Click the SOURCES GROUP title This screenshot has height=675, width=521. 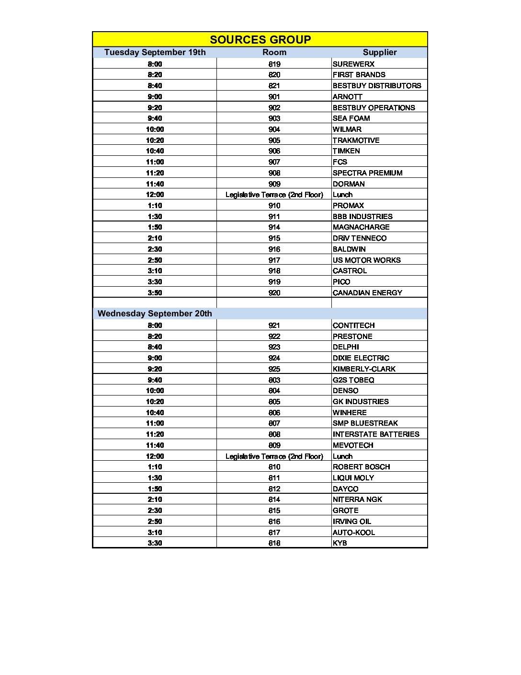click(260, 39)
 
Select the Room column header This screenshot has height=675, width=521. click(274, 52)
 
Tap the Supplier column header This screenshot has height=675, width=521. click(379, 52)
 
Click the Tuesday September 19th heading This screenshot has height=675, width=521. click(155, 52)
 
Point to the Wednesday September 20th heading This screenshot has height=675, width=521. click(155, 314)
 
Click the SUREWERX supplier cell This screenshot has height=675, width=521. click(353, 64)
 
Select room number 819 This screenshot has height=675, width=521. click(274, 64)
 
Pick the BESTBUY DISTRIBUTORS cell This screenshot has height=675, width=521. click(377, 86)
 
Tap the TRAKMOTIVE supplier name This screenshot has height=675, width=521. click(356, 140)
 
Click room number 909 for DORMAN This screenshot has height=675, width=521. click(274, 184)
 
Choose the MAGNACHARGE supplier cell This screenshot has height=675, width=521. click(361, 227)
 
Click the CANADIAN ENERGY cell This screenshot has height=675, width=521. click(367, 293)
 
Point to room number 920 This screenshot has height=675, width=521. click(274, 293)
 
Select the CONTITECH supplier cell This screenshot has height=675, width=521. click(353, 326)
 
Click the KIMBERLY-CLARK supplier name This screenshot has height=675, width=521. click(364, 369)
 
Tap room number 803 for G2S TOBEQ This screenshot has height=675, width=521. click(274, 380)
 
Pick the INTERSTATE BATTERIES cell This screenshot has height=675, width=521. click(376, 434)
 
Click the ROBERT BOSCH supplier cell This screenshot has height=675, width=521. click(361, 467)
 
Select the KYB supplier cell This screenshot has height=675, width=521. click(340, 543)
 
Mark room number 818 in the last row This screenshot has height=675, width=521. click(274, 543)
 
